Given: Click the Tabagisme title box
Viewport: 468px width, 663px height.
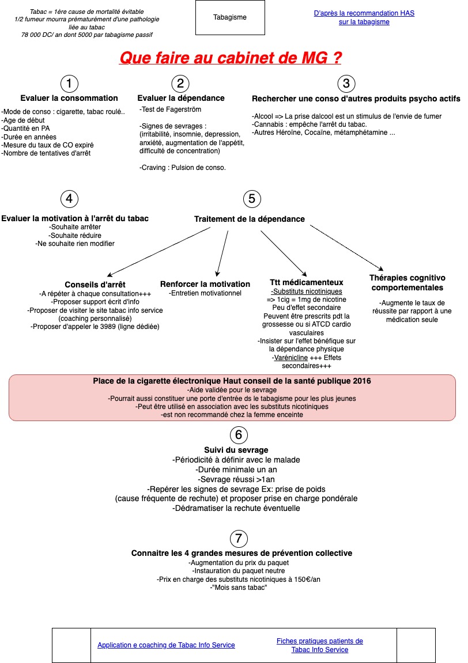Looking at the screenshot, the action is coord(230,17).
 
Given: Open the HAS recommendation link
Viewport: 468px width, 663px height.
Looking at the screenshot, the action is coord(364,17).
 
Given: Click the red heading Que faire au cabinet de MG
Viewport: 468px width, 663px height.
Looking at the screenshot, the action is coord(230,58).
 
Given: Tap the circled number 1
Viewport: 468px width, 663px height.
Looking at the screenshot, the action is coord(69,84).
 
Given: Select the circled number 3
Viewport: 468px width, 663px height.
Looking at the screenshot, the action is coord(346,84).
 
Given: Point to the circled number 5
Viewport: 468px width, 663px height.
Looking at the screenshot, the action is coord(252,198).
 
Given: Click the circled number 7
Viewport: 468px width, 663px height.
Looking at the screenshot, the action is coord(239,538).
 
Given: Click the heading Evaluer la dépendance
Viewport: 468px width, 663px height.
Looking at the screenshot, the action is coord(180,98).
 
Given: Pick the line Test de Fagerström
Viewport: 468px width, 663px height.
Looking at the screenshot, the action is coord(170,109).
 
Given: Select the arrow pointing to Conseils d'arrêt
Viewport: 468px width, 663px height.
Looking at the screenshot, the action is coord(158,252).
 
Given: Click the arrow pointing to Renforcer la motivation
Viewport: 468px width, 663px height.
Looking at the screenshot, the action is coord(222,253).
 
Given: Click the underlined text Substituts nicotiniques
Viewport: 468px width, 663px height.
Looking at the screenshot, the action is coord(307,291).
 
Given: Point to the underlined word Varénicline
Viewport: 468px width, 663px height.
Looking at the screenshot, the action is coord(290,358).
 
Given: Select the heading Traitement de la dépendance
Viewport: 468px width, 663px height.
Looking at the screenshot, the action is coord(249,219).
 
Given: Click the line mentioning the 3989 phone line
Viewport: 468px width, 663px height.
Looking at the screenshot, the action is coord(95,327).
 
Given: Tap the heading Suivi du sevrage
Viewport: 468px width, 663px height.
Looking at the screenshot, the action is coord(236,450).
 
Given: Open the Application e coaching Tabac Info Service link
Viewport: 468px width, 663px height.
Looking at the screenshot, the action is coord(167,645).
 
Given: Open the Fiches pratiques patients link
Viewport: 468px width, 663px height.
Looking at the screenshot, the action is coord(320,645).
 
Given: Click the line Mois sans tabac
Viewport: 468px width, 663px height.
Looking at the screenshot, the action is coord(239,588).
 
